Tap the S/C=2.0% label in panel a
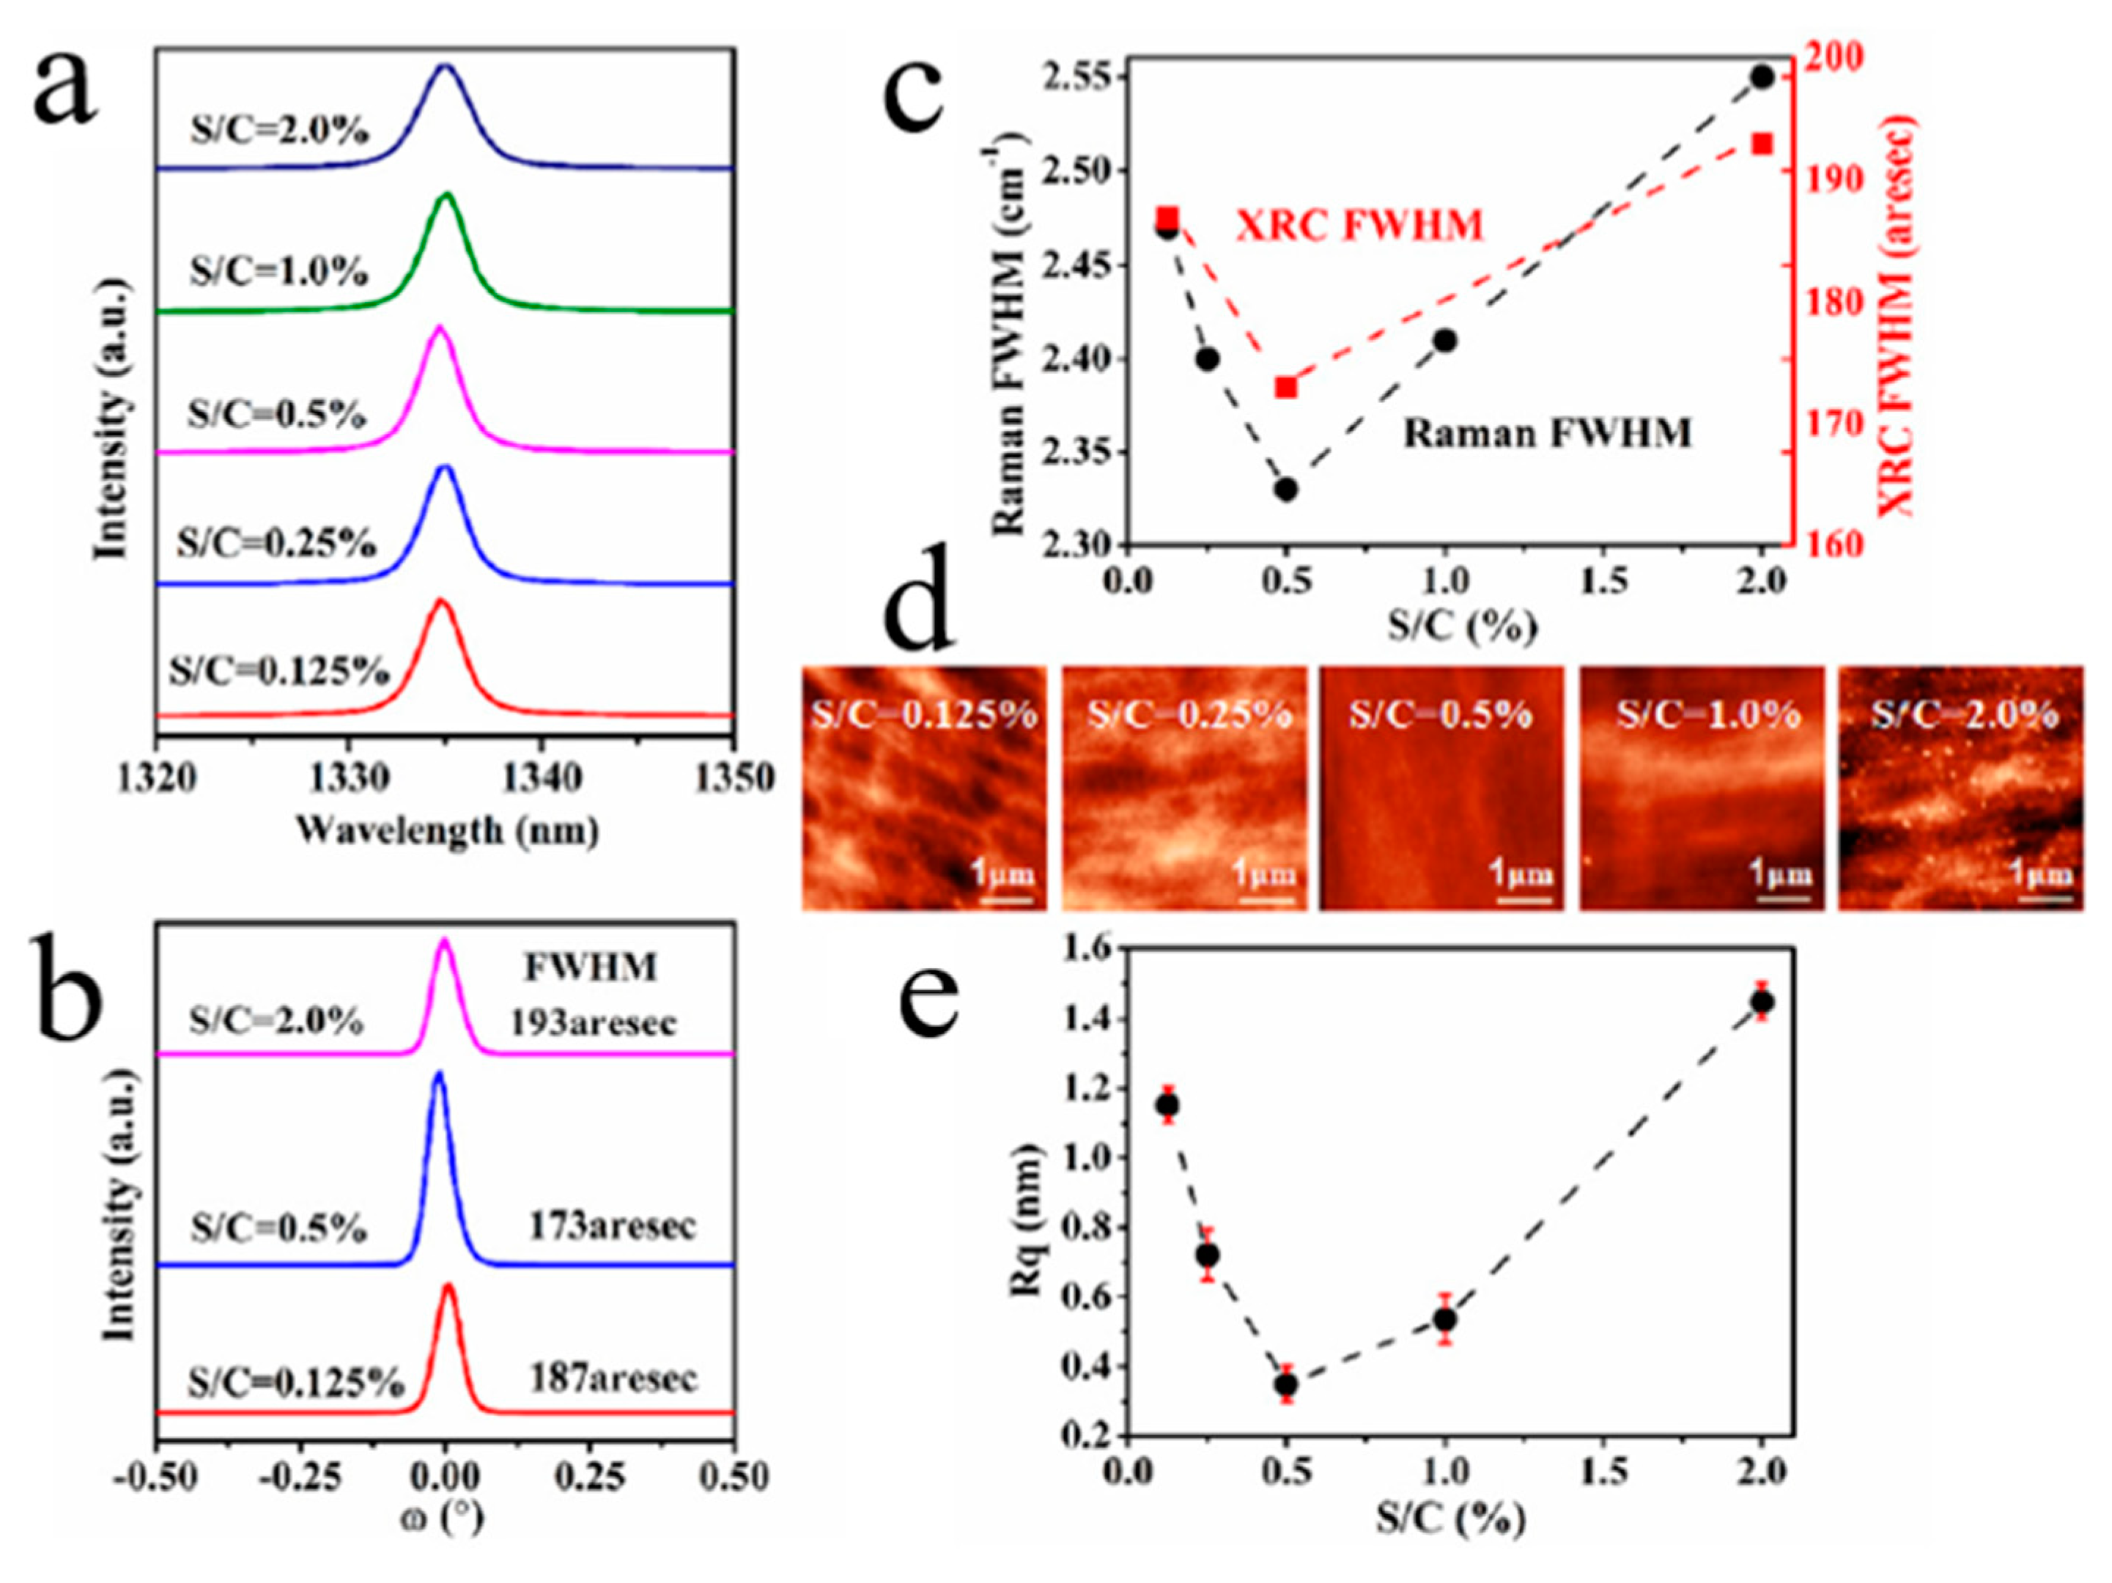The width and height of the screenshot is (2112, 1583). pos(278,130)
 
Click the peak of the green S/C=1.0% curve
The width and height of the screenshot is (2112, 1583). pos(446,196)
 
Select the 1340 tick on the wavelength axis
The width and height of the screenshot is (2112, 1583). pos(542,778)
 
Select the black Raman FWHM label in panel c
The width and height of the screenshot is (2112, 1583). pos(1547,433)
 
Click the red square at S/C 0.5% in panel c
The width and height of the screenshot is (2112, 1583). pos(1286,388)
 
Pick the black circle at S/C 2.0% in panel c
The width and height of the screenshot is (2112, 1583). pos(1762,76)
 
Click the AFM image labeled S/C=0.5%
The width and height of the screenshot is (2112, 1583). pos(1441,788)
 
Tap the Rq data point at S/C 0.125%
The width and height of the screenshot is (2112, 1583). pos(1167,1104)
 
